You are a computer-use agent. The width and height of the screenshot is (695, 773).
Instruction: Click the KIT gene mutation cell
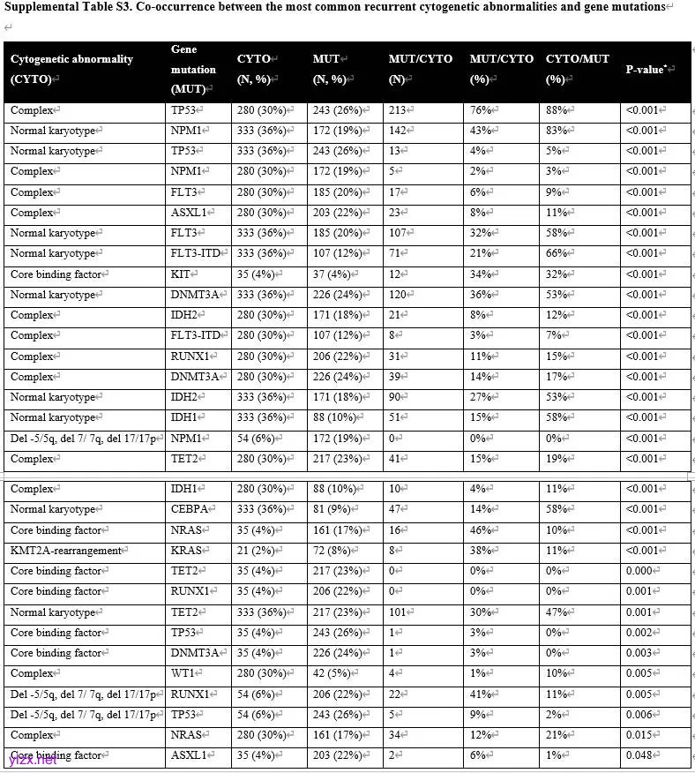tap(180, 274)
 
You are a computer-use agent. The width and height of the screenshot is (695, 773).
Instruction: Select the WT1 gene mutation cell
tap(183, 673)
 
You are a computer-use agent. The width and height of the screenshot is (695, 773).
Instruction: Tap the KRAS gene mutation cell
tap(185, 551)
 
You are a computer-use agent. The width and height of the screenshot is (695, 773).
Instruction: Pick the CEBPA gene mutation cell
tap(188, 509)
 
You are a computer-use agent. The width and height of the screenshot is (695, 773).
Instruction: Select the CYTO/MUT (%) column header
tap(577, 69)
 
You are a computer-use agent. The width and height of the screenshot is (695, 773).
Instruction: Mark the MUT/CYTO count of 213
tap(399, 110)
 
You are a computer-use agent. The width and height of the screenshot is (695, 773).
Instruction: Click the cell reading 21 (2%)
tap(257, 551)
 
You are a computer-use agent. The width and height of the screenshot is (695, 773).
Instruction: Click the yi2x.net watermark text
tap(32, 760)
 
